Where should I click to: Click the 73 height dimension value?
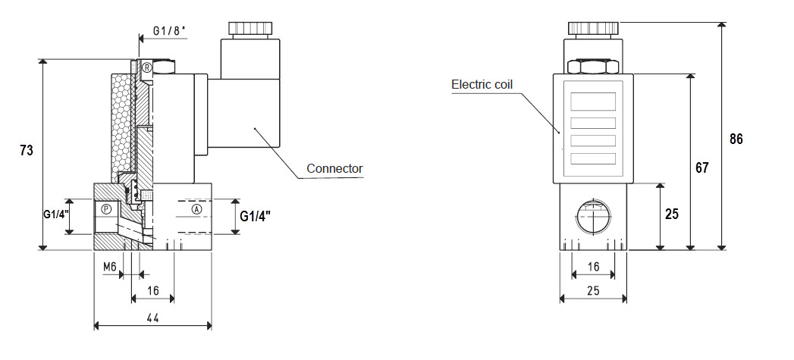(27, 150)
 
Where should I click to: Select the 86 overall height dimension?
(736, 139)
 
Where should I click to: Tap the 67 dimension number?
(701, 167)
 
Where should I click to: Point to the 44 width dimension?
(153, 318)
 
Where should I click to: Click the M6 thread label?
(111, 266)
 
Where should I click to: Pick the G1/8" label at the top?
(170, 31)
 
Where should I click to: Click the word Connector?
(334, 168)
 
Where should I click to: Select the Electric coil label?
(482, 84)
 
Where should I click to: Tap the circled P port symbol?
(106, 208)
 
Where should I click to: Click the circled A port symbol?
(197, 209)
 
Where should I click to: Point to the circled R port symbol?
(147, 67)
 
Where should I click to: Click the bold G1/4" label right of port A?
(256, 216)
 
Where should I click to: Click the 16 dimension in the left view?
(153, 290)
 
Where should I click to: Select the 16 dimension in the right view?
(594, 266)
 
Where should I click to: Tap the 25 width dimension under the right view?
(594, 290)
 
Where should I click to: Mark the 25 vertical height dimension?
(672, 214)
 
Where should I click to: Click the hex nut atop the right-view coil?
(594, 67)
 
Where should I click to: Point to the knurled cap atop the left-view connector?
(250, 29)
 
